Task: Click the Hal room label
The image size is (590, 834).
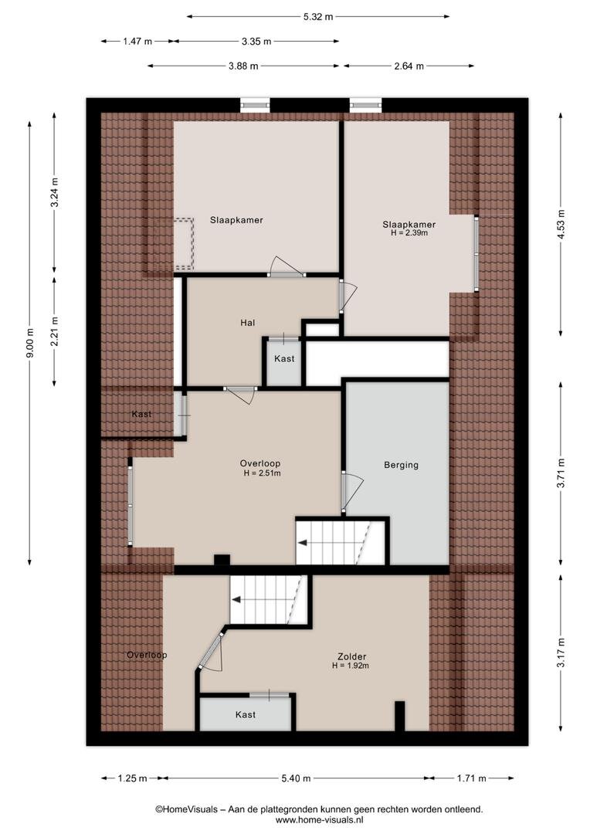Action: coord(247,323)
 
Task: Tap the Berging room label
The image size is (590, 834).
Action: coord(401,465)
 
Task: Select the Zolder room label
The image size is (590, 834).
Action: coord(351,657)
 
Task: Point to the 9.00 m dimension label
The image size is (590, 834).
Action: coord(30,343)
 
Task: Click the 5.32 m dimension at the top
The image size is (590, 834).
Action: coord(318,16)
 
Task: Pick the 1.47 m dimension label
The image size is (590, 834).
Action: coord(137,41)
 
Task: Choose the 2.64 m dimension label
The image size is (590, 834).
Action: coord(409,66)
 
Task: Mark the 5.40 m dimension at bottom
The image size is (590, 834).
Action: coord(296,778)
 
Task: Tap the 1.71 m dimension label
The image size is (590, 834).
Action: coord(471,778)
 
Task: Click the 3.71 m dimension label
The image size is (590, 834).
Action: coord(561,473)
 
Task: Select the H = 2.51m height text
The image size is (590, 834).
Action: coord(262,473)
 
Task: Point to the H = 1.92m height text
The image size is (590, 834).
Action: coord(351,666)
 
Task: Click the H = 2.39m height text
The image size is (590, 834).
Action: coord(409,233)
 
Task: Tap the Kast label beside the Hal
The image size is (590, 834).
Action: coord(284,359)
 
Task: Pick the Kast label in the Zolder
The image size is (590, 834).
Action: coord(246,715)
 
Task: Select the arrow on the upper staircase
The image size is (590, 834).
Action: coord(303,543)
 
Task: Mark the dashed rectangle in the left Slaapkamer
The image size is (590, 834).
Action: coord(184,242)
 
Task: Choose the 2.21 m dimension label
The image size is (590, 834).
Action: coord(54,331)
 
